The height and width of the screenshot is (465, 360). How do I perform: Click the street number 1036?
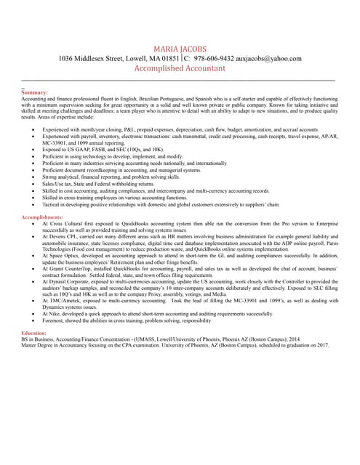[69, 58]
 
